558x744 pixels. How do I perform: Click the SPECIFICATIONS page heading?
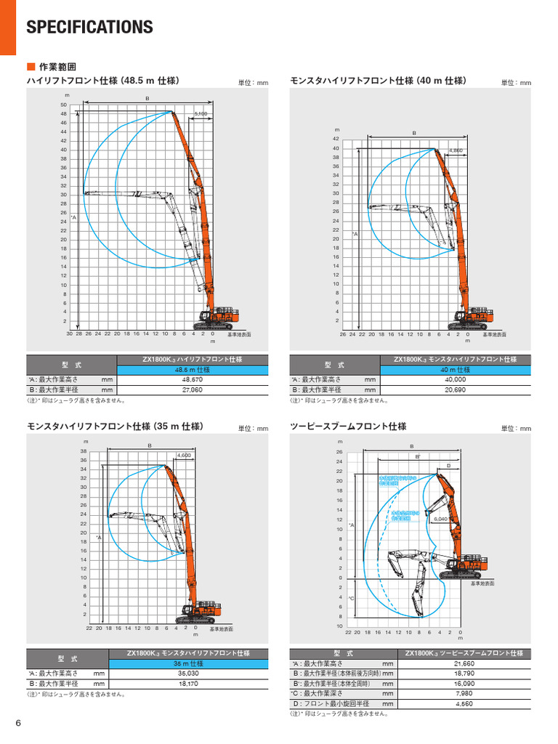89,28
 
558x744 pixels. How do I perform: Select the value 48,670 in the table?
192,379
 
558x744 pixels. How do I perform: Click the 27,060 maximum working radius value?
192,389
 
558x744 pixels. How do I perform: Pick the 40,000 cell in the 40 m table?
455,379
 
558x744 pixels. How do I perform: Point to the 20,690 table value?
455,389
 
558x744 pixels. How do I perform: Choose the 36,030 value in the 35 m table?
187,673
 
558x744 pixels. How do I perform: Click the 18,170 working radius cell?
187,683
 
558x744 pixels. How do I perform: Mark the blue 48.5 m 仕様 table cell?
192,369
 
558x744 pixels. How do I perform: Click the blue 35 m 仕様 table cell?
187,663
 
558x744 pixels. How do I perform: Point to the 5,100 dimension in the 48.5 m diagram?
201,114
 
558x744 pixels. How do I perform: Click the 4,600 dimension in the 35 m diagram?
184,455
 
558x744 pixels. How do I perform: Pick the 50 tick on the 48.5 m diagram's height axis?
64,105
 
